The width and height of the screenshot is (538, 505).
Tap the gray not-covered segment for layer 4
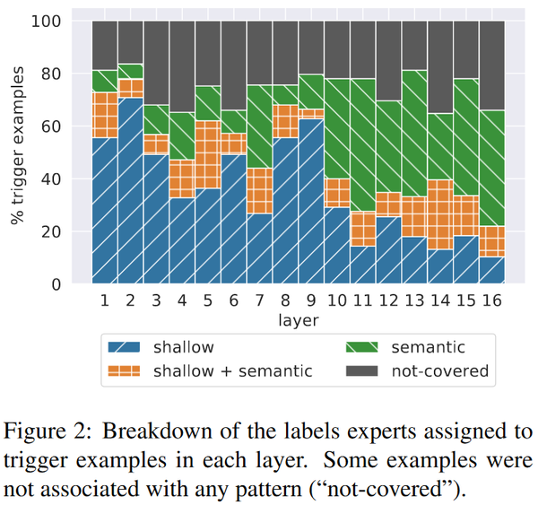click(182, 66)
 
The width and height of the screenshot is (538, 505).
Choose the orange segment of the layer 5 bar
click(208, 154)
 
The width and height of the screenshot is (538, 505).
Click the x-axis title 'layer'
click(298, 320)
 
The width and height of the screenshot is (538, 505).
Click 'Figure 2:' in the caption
click(48, 431)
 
